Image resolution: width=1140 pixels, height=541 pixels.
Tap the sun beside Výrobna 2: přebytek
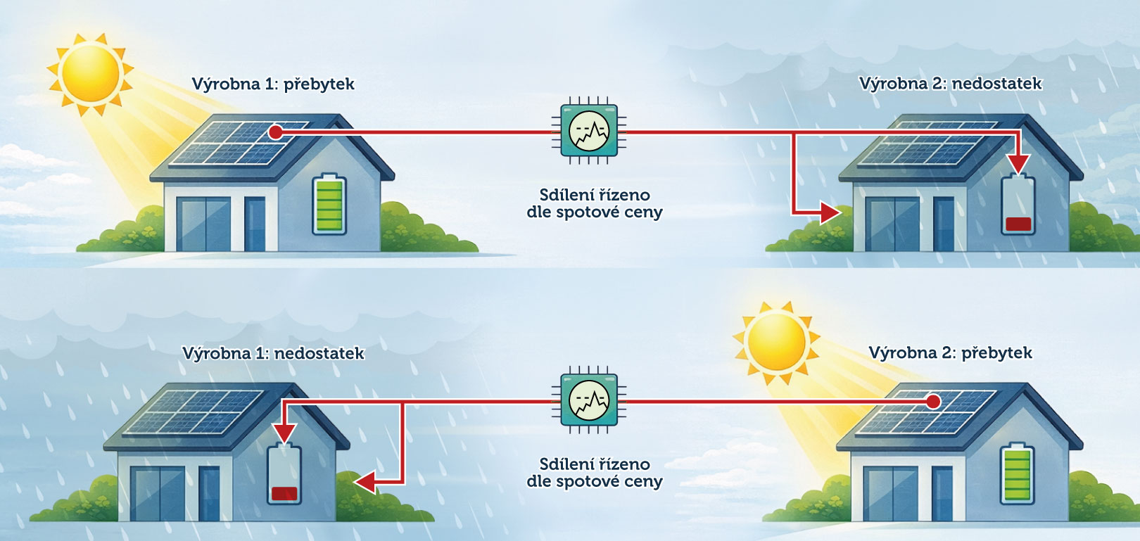[776, 342]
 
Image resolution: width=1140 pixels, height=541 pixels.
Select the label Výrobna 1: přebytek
[273, 84]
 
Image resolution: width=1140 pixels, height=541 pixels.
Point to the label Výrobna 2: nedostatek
[950, 84]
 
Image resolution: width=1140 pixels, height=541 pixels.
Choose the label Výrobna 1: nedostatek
[273, 353]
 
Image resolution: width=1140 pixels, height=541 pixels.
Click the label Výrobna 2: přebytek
[950, 353]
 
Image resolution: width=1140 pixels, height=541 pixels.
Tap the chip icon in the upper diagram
[589, 131]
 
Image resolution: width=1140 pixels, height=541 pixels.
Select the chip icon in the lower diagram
[589, 400]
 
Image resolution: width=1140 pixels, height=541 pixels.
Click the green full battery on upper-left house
[329, 204]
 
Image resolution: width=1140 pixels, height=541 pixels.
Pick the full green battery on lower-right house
[1017, 473]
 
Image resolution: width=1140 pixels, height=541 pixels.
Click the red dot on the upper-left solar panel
[275, 132]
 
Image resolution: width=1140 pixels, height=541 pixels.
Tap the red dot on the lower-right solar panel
[933, 402]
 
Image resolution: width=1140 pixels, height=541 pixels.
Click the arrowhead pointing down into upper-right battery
[1018, 164]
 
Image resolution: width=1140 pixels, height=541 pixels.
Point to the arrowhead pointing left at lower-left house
[365, 483]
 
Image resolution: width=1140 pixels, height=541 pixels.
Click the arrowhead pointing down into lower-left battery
[284, 433]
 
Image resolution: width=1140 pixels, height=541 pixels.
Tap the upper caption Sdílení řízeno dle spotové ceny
[595, 203]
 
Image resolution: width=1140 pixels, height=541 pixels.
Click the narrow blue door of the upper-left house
[254, 224]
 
